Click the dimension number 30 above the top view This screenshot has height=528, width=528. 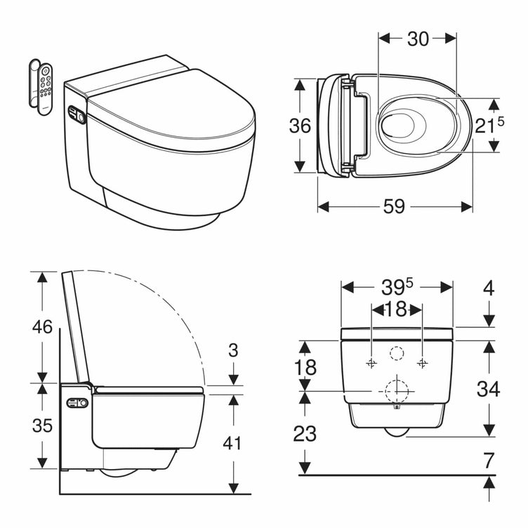click(418, 39)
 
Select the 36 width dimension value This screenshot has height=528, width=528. click(300, 126)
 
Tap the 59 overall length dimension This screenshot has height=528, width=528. click(395, 206)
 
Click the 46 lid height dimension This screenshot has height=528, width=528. click(43, 327)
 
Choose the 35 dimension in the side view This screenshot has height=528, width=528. click(43, 426)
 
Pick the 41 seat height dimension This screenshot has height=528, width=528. click(232, 443)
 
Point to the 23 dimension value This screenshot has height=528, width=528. click(305, 433)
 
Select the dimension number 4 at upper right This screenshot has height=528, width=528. click(489, 288)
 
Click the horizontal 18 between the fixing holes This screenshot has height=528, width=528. click(397, 309)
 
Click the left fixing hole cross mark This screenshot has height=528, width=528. click(371, 363)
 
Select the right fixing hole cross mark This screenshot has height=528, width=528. click(422, 363)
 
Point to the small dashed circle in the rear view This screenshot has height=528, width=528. click(397, 355)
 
